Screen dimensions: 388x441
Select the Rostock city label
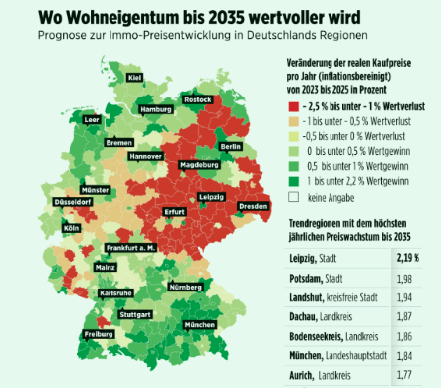click(x=199, y=99)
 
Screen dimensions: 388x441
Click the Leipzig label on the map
click(x=212, y=197)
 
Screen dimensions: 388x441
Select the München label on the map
click(x=200, y=325)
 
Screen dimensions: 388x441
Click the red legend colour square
click(x=293, y=105)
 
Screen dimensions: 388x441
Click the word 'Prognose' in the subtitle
click(x=63, y=39)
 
